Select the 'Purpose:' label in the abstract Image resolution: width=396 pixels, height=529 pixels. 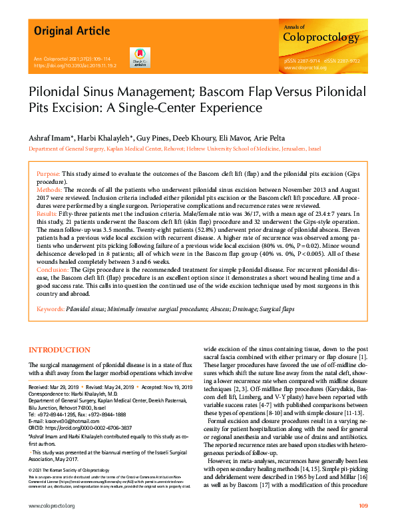coord(49,173)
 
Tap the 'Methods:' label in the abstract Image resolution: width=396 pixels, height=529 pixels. coord(50,190)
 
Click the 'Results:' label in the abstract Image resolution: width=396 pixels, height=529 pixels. coord(49,214)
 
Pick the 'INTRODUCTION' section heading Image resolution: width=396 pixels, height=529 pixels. coord(59,350)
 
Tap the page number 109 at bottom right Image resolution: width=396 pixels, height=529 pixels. coord(363,506)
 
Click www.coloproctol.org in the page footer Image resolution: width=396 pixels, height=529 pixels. coord(52,506)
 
